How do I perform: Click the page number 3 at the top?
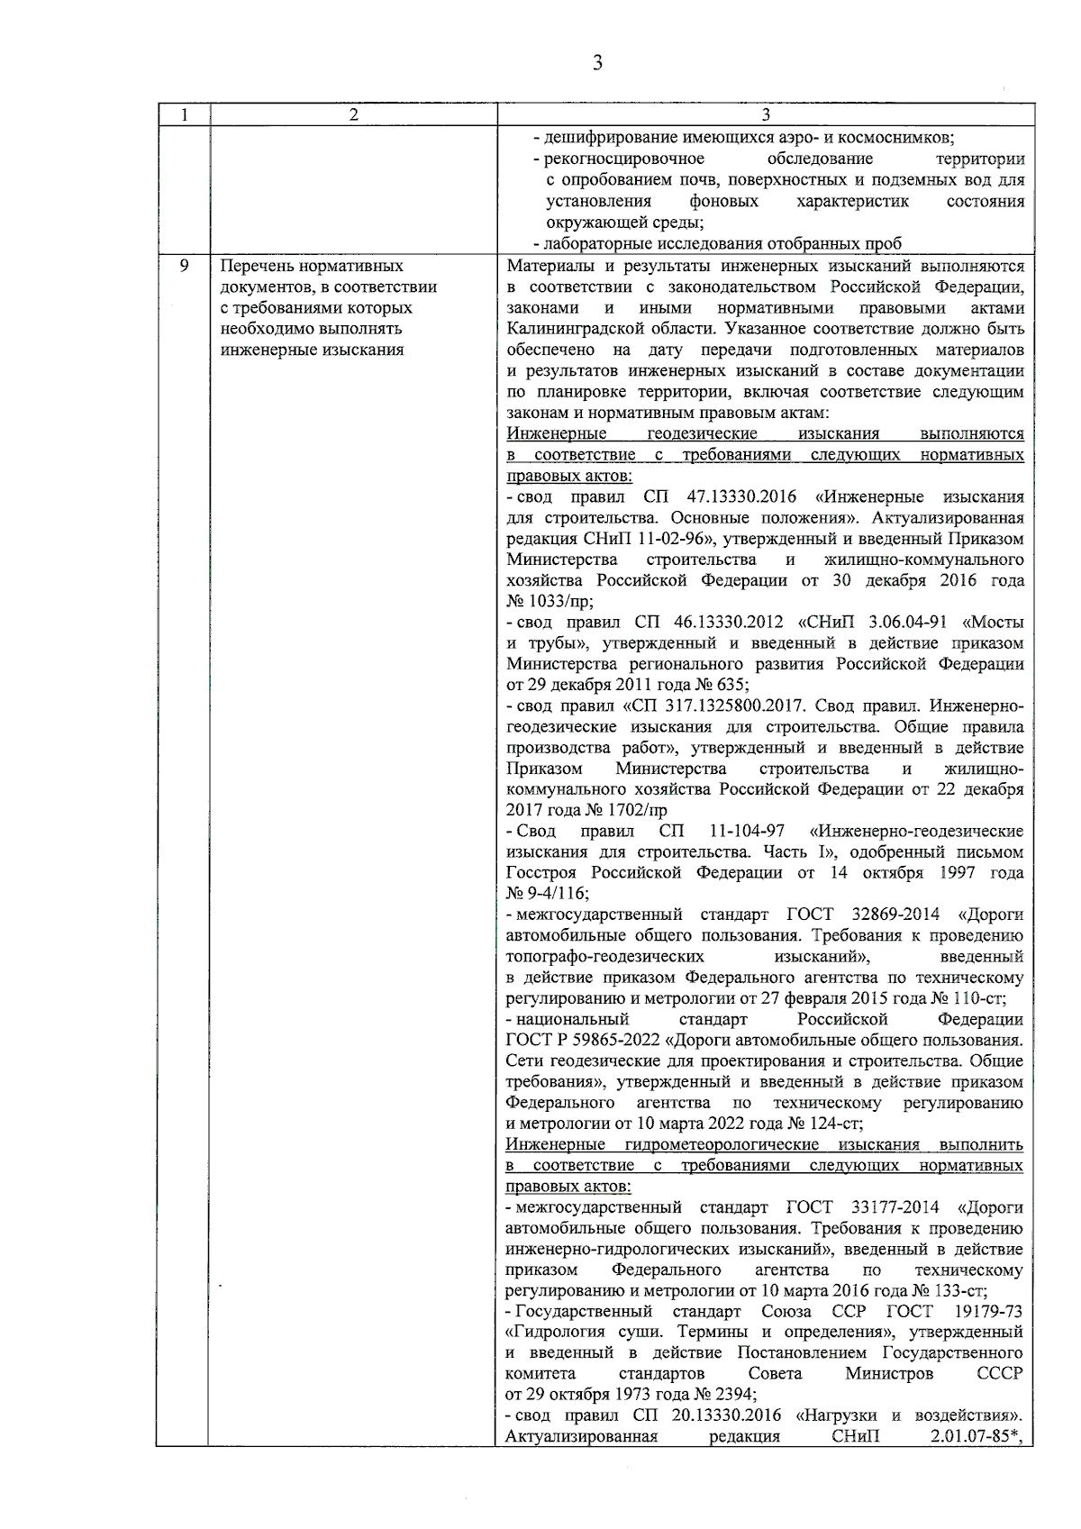[x=596, y=63]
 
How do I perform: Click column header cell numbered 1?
[x=184, y=114]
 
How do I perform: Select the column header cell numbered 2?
[x=353, y=114]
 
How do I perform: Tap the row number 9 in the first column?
[x=184, y=266]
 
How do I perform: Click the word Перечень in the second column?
[x=256, y=266]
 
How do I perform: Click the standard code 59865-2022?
[x=618, y=1040]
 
